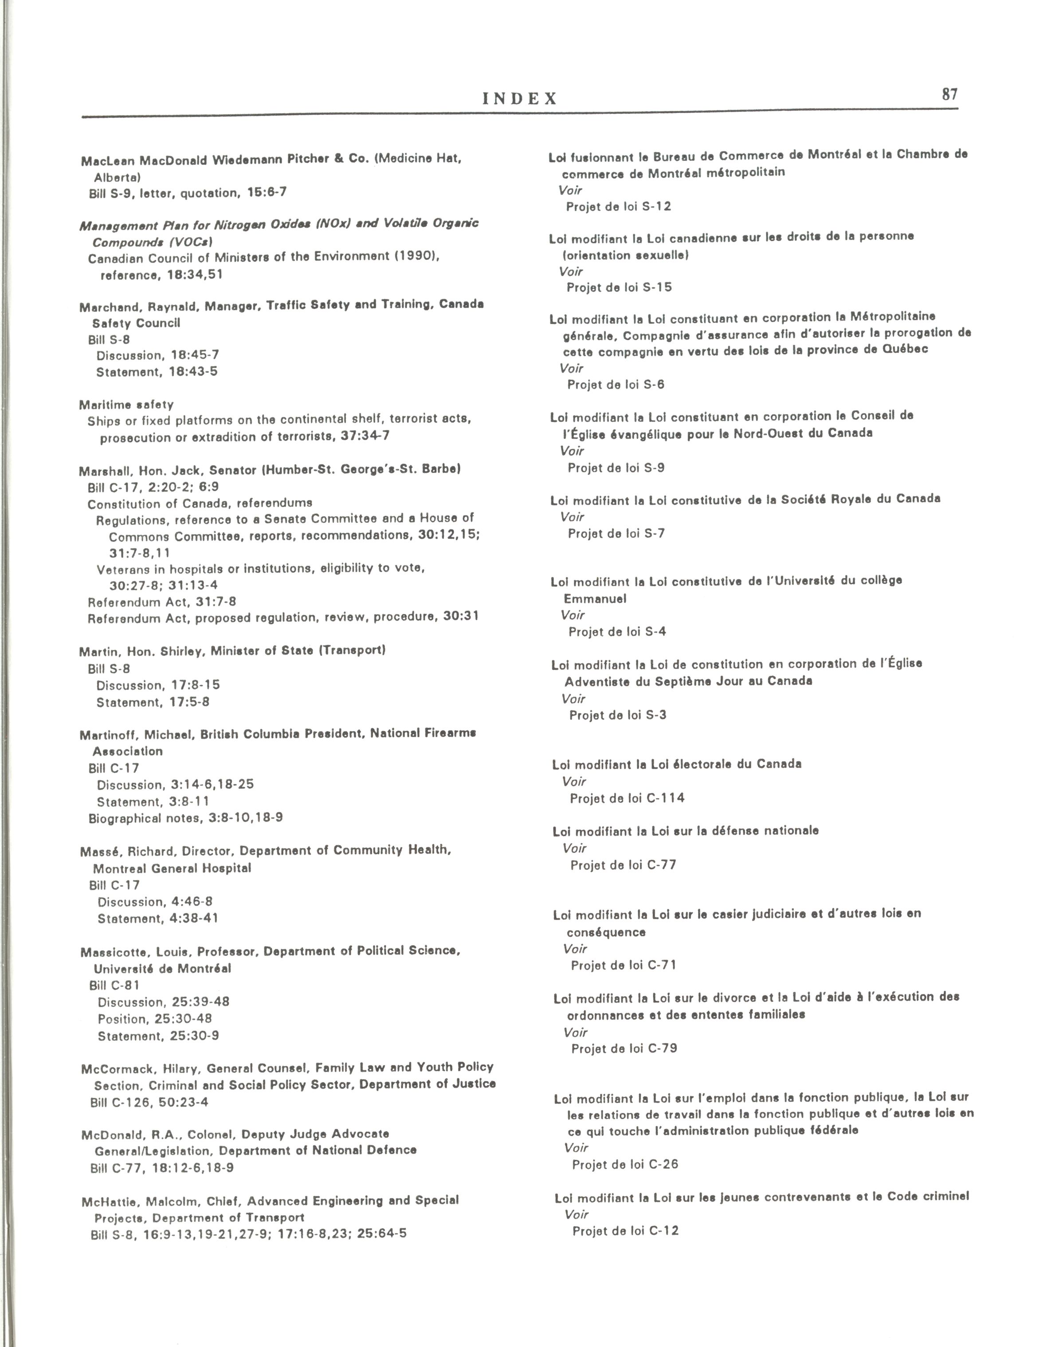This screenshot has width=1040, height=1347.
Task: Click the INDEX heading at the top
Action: coord(519,99)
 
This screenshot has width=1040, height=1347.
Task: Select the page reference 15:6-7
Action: coord(267,192)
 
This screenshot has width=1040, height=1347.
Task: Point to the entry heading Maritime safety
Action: coord(126,405)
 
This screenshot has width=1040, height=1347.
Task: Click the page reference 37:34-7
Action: coord(365,435)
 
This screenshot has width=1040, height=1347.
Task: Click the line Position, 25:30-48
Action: coord(154,1018)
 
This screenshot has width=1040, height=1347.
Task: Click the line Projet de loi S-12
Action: coord(618,207)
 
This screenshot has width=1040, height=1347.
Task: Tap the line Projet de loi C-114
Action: coord(627,798)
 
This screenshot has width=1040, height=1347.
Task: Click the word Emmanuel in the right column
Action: coord(595,598)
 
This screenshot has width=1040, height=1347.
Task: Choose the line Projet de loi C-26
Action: coord(624,1164)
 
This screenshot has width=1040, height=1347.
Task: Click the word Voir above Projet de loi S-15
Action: coord(571,271)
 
